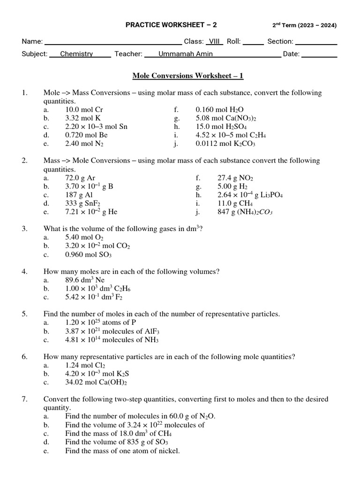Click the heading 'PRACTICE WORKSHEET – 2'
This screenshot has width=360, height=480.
click(x=171, y=25)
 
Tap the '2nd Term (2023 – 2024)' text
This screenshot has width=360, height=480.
click(x=304, y=25)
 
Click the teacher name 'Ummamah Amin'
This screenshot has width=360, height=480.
click(x=186, y=54)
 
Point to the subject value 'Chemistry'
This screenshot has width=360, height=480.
click(x=76, y=54)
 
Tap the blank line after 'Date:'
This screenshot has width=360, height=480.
click(x=319, y=54)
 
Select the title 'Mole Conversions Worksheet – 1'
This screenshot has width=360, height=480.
click(x=188, y=75)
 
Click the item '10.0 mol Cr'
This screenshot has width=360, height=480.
click(x=84, y=110)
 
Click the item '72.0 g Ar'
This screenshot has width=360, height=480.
click(x=80, y=178)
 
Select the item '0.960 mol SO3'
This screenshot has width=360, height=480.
click(x=89, y=255)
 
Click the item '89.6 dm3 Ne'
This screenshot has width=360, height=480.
click(x=85, y=280)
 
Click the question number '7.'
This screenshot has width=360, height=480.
click(x=25, y=399)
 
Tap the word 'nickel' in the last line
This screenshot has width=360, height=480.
click(x=169, y=450)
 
